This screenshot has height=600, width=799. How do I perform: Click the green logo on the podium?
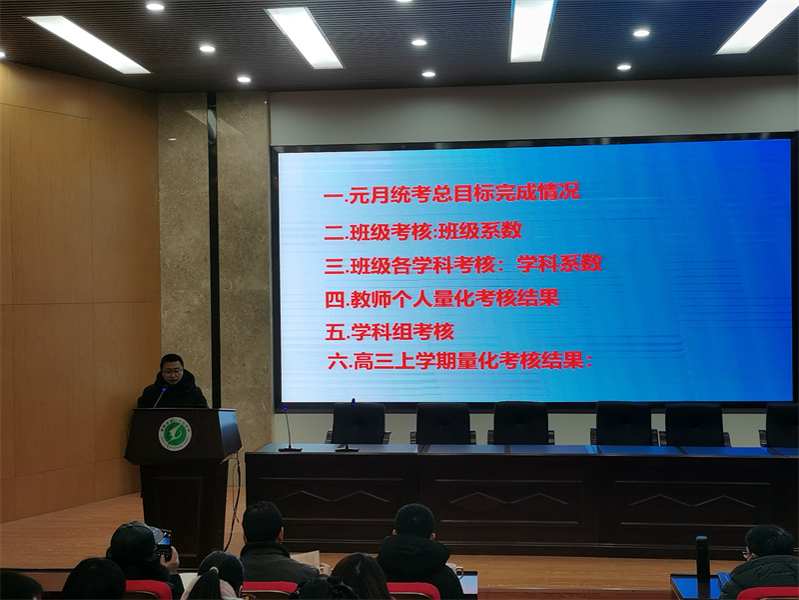click(x=175, y=434)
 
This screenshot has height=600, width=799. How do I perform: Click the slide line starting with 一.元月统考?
click(x=452, y=194)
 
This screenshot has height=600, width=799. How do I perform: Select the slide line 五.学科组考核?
click(x=390, y=332)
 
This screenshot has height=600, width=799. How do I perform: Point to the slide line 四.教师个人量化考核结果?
click(x=442, y=299)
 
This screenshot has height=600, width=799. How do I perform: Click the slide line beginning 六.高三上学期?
click(x=460, y=362)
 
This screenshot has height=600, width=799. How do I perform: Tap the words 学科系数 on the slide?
click(x=559, y=263)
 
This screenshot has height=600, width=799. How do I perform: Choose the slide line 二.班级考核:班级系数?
click(x=423, y=231)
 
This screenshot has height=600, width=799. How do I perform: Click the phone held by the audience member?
click(x=165, y=545)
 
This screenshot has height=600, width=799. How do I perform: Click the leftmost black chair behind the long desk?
click(x=359, y=423)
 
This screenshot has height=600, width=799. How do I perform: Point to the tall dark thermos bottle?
click(x=703, y=567)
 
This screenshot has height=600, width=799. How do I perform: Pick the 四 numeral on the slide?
click(x=335, y=300)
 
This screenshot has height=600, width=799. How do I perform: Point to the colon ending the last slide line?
click(x=589, y=362)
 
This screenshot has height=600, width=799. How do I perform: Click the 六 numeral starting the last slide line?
click(x=338, y=362)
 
